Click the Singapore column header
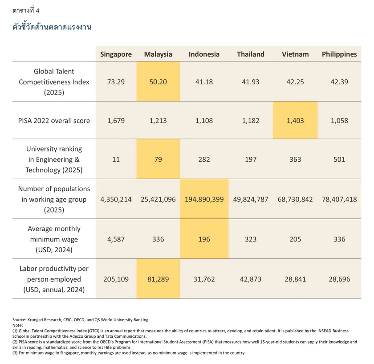point(116,54)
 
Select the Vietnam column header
point(295,54)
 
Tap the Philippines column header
point(339,54)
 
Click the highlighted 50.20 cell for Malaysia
point(158,82)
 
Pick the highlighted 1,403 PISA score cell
point(295,121)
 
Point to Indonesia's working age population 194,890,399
point(204,199)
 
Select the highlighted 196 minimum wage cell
point(204,239)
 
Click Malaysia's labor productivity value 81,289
point(158,279)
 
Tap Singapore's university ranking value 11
point(116,160)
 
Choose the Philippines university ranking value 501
point(339,160)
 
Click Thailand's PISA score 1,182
point(251,121)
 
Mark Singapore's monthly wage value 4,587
point(116,239)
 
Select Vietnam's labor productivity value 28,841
point(295,279)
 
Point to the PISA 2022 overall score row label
point(54,121)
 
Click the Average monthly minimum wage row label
point(54,239)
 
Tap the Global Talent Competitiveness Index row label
point(54,82)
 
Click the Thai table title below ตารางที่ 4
point(52,27)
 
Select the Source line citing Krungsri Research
point(81,320)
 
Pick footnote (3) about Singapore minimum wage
point(129,353)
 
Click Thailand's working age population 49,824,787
point(251,199)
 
